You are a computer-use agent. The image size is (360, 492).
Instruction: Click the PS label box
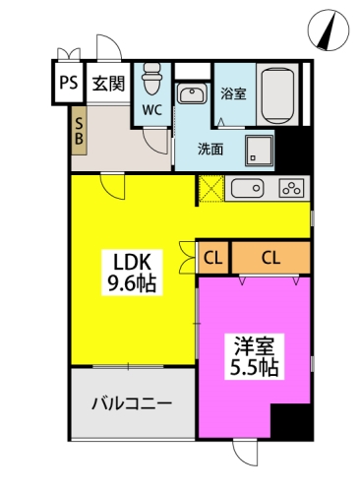[69, 82]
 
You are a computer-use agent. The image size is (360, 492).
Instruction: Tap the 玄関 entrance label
[108, 84]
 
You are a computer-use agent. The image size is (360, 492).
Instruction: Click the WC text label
[152, 110]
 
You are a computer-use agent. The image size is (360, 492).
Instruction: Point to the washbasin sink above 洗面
[193, 93]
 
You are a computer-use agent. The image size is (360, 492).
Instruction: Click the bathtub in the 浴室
[277, 95]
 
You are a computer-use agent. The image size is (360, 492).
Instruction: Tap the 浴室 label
[233, 93]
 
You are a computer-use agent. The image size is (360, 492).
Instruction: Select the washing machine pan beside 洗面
[259, 151]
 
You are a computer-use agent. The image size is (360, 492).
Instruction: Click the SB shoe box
[79, 131]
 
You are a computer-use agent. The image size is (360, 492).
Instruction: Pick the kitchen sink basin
[247, 188]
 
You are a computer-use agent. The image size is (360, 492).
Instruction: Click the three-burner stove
[291, 188]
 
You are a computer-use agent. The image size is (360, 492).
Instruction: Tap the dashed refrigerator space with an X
[211, 188]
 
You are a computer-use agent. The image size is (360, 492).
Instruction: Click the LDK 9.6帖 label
[132, 273]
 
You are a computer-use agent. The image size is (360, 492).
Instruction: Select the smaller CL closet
[213, 258]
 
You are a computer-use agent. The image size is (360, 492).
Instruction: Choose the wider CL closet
[270, 258]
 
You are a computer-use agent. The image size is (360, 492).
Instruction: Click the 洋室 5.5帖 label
[255, 356]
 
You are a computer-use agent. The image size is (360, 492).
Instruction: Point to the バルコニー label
[132, 403]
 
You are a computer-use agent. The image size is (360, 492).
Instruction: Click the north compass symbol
[329, 30]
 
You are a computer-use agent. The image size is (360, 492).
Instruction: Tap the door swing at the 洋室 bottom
[245, 453]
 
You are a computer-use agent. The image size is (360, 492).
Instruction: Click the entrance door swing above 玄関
[109, 48]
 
